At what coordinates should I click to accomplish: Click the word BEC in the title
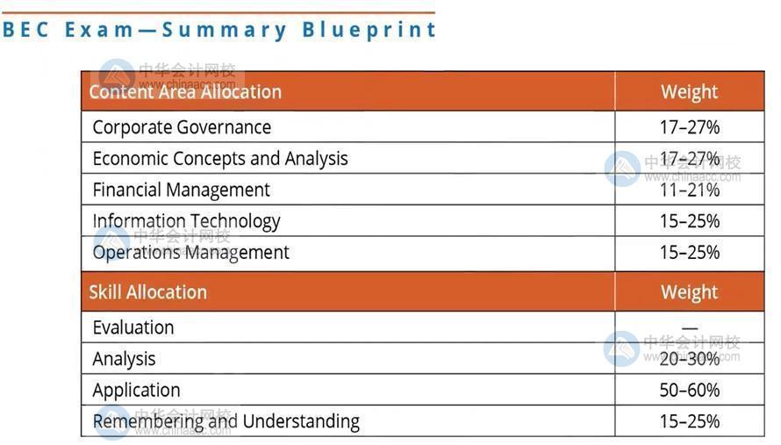25,29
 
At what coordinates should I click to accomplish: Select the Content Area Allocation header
185,92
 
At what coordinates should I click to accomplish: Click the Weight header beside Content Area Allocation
690,92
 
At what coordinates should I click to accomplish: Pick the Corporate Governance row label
182,127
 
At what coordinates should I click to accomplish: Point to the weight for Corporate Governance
690,127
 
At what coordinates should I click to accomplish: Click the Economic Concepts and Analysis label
220,159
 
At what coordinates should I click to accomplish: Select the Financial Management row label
182,190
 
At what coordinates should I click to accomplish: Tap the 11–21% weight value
690,190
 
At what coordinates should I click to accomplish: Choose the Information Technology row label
186,222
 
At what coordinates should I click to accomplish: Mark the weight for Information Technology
690,221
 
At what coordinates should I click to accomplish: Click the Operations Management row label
190,253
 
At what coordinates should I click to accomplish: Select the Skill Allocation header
148,292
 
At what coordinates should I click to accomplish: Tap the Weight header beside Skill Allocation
690,292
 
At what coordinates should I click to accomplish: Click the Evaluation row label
133,328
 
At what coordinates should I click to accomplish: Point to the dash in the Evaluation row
690,328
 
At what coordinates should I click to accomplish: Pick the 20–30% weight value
690,359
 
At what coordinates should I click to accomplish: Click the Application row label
137,391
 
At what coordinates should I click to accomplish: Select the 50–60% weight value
690,391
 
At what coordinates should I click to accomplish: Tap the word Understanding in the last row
301,421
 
